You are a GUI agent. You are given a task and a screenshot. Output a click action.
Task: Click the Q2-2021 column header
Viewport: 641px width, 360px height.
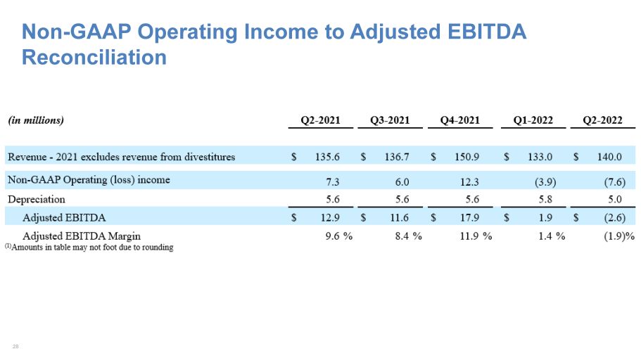coord(321,120)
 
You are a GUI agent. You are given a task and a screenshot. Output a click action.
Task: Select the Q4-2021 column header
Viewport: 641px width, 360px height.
coord(460,120)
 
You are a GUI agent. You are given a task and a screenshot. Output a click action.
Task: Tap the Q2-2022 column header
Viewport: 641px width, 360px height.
coord(602,120)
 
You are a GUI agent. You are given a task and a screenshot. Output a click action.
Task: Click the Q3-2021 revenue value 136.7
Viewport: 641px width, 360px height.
coord(397,157)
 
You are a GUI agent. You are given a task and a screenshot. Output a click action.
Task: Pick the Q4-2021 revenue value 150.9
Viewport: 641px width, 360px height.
coord(467,157)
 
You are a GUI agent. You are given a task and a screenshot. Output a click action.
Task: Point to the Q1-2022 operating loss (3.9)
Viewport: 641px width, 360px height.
coord(545,182)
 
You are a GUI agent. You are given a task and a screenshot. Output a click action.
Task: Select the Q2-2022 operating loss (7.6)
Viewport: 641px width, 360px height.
coord(615,182)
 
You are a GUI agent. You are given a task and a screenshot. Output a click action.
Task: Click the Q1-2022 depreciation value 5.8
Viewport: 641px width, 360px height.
coord(545,199)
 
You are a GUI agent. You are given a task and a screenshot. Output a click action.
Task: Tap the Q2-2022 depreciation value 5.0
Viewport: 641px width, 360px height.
coord(615,199)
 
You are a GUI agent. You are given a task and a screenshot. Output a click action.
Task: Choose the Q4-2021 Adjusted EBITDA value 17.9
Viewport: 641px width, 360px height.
coord(470,218)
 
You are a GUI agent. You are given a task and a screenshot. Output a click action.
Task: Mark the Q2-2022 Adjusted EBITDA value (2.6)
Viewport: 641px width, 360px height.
coord(615,218)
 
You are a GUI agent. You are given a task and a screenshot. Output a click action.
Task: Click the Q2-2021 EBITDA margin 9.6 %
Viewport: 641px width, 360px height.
coord(339,236)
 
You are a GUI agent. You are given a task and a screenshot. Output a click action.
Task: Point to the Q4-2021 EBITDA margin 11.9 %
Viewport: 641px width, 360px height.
coord(476,236)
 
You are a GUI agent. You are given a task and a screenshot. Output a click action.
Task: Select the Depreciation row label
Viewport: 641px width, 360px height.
coord(37,200)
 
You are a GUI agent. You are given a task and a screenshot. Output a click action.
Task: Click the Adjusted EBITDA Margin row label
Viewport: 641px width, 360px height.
coord(82,236)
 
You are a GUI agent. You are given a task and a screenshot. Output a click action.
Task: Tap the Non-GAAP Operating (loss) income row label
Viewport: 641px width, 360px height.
coord(89,180)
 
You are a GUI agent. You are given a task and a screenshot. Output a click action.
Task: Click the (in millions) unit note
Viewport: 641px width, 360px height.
coord(36,120)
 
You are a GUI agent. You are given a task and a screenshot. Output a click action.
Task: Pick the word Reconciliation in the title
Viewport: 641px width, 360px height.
coord(94,57)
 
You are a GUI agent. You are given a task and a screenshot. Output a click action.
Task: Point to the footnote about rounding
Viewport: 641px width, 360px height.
coord(89,247)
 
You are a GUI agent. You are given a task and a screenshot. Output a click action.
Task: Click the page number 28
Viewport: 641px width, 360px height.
coord(15,347)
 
